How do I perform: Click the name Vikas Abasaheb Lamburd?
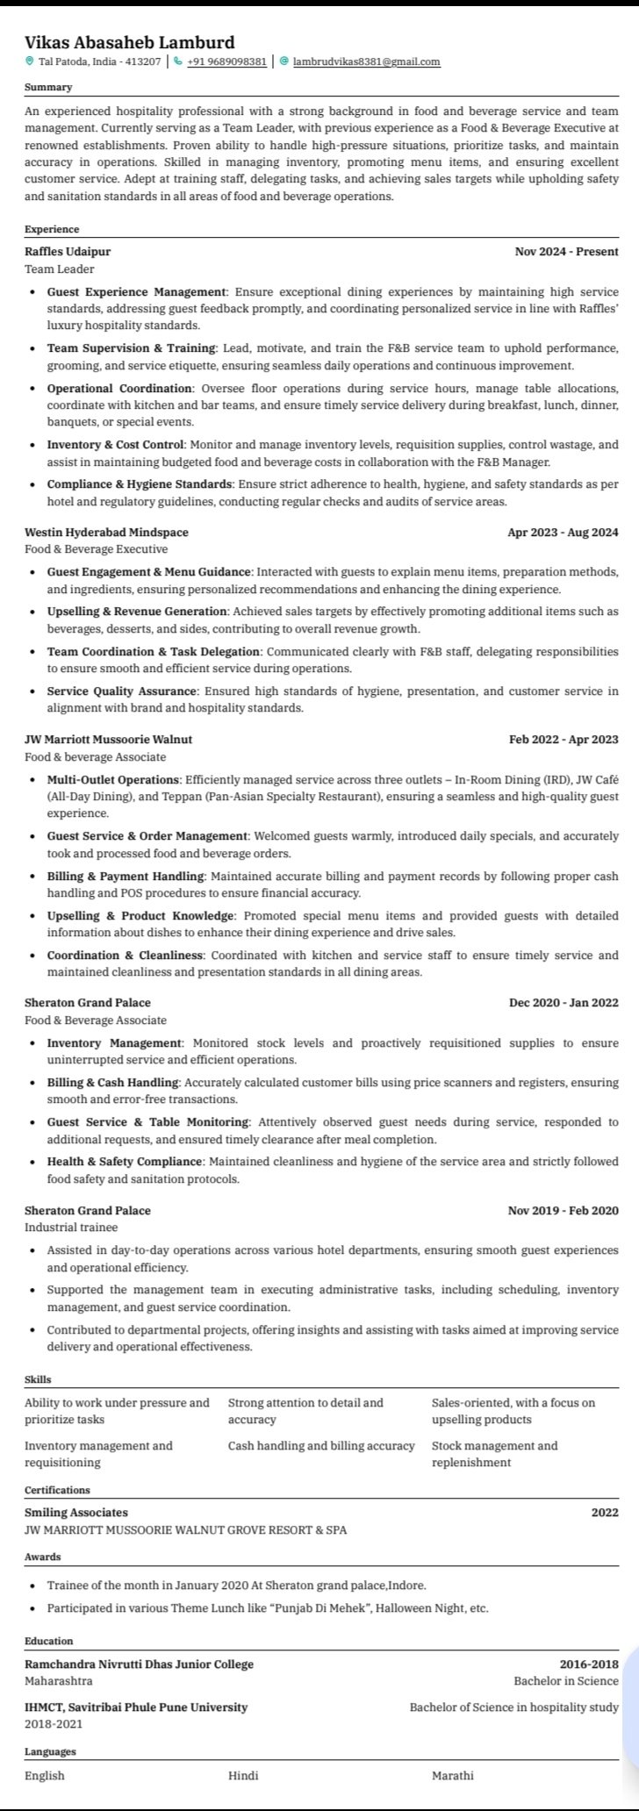pyautogui.click(x=130, y=42)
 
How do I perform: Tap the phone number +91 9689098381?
pyautogui.click(x=226, y=62)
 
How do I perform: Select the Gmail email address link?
pyautogui.click(x=366, y=62)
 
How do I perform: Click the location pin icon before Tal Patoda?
pyautogui.click(x=29, y=62)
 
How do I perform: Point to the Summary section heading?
pyautogui.click(x=48, y=87)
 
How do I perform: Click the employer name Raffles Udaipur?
pyautogui.click(x=68, y=252)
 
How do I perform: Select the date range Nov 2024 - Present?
pyautogui.click(x=566, y=252)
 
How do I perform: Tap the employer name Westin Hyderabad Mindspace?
pyautogui.click(x=106, y=532)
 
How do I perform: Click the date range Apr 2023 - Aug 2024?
pyautogui.click(x=563, y=532)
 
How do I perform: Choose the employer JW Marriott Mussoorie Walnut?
pyautogui.click(x=109, y=739)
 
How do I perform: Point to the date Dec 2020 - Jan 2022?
pyautogui.click(x=564, y=1002)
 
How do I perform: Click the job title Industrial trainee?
pyautogui.click(x=71, y=1228)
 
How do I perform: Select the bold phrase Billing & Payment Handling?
pyautogui.click(x=126, y=877)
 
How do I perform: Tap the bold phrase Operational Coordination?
pyautogui.click(x=119, y=388)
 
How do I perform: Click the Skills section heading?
pyautogui.click(x=38, y=1380)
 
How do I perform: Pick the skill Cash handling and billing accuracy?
pyautogui.click(x=321, y=1445)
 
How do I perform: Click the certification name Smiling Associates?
pyautogui.click(x=76, y=1512)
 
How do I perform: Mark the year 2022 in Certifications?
pyautogui.click(x=605, y=1512)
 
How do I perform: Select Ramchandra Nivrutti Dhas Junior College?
pyautogui.click(x=139, y=1664)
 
